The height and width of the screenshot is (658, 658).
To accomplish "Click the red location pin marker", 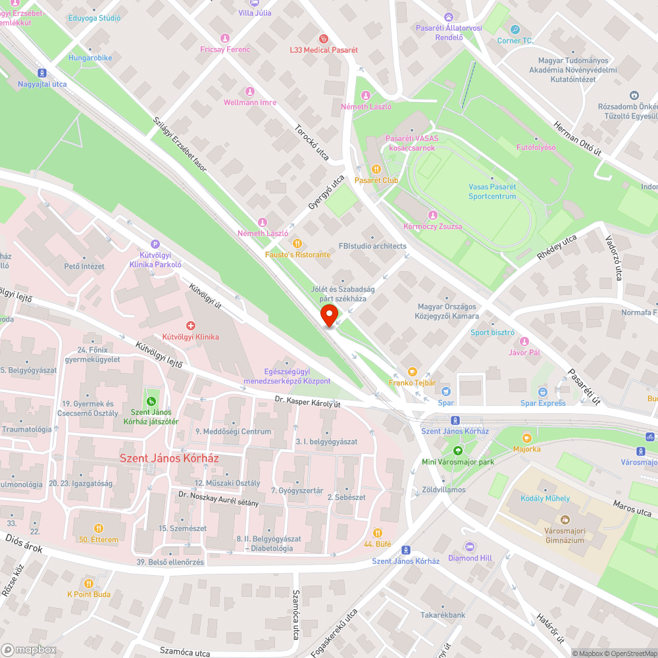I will click(329, 315).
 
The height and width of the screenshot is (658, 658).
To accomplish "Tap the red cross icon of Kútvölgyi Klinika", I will click(191, 325).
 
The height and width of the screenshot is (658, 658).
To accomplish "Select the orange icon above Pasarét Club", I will click(376, 168).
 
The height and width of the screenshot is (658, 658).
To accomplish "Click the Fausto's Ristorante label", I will click(297, 254).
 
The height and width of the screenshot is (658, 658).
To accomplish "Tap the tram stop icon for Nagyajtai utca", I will click(42, 73).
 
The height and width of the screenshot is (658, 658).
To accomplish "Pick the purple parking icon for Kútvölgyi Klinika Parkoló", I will click(155, 243).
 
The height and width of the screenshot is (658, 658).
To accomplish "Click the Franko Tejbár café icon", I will click(413, 371).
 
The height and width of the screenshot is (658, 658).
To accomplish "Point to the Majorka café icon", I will click(526, 438).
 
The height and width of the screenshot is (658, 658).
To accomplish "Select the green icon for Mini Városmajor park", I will click(457, 450).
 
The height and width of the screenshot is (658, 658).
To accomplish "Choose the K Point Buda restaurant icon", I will click(89, 582).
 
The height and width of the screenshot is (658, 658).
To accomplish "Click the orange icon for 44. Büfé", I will click(378, 532).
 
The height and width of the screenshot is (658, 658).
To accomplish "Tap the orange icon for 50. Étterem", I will click(99, 528).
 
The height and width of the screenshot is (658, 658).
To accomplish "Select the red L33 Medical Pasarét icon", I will click(323, 39).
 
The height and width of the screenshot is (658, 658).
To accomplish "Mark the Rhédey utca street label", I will click(556, 249).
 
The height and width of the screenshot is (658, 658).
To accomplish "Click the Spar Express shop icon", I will click(542, 392).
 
